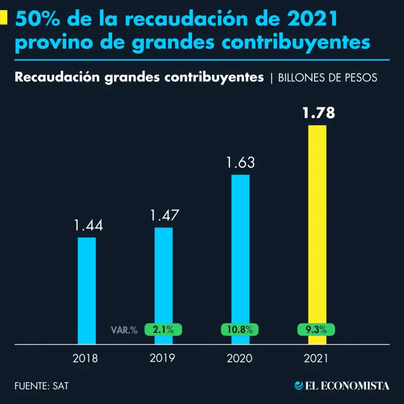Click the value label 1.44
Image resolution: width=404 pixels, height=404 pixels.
pos(88,226)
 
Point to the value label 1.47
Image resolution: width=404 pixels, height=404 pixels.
pos(164,215)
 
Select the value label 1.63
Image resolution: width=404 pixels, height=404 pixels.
pos(240,163)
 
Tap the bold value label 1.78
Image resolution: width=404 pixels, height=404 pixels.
pos(317,113)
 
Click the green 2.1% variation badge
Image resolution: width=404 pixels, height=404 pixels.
pos(163,330)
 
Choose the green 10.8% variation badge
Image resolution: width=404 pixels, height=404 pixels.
pos(240,330)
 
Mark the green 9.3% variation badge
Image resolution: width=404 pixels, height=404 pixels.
pos(317,330)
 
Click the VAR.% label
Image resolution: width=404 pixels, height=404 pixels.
pos(124,330)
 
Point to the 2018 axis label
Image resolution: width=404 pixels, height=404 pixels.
pos(85,359)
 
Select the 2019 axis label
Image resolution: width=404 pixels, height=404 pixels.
pos(163,359)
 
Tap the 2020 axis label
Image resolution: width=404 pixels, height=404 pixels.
pos(240,359)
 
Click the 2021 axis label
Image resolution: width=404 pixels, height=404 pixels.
pos(316,359)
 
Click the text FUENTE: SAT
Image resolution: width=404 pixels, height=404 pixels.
pos(42,386)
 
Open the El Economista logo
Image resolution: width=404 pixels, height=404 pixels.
pos(342,386)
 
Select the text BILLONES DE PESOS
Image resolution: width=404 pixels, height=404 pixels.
pos(327,78)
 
